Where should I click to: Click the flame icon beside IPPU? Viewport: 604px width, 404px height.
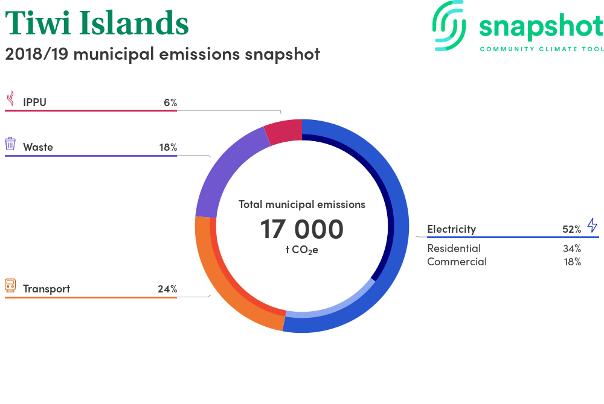pyautogui.click(x=11, y=98)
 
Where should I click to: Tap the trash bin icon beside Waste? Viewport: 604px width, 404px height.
pyautogui.click(x=10, y=144)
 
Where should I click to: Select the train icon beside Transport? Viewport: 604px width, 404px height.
pyautogui.click(x=10, y=286)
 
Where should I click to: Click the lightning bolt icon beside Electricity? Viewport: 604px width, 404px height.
pyautogui.click(x=593, y=226)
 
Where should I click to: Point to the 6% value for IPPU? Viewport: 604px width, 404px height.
pyautogui.click(x=170, y=103)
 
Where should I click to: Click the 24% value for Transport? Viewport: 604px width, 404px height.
pyautogui.click(x=167, y=289)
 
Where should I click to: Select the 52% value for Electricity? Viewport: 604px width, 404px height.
pyautogui.click(x=571, y=230)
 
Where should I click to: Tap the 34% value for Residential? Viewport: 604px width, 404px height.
pyautogui.click(x=571, y=248)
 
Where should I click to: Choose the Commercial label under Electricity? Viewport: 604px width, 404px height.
pyautogui.click(x=457, y=262)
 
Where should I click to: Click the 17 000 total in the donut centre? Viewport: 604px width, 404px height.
pyautogui.click(x=301, y=229)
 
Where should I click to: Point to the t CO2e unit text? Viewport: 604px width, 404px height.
pyautogui.click(x=301, y=250)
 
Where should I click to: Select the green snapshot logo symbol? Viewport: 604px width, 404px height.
pyautogui.click(x=449, y=26)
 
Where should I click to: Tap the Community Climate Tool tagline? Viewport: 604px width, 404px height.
pyautogui.click(x=542, y=49)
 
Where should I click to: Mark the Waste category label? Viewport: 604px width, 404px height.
pyautogui.click(x=37, y=147)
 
